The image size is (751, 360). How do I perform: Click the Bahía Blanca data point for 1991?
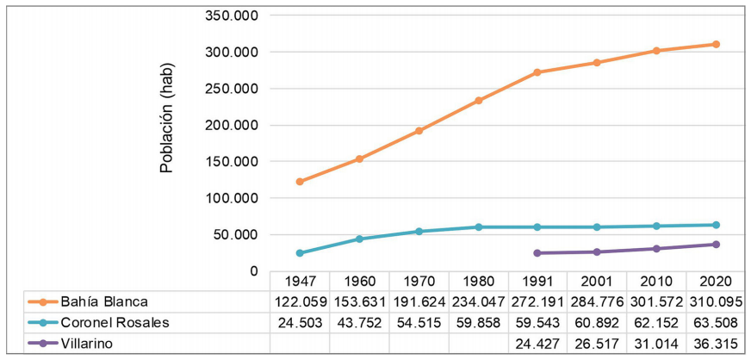pyautogui.click(x=537, y=72)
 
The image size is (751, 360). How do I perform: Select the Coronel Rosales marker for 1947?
pyautogui.click(x=299, y=253)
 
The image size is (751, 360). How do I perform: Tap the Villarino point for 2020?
pyautogui.click(x=716, y=245)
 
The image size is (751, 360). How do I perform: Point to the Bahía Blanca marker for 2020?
pyautogui.click(x=716, y=44)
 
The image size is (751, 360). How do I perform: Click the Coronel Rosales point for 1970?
pyautogui.click(x=419, y=232)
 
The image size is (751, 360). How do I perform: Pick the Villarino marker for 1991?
pyautogui.click(x=537, y=253)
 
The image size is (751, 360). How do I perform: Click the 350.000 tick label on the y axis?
pyautogui.click(x=233, y=16)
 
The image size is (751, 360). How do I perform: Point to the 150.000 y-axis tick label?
pyautogui.click(x=233, y=162)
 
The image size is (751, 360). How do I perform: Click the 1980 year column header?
pyautogui.click(x=478, y=281)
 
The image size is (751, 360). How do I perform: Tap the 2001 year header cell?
pyautogui.click(x=597, y=281)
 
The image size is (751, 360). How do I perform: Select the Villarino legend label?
pyautogui.click(x=89, y=344)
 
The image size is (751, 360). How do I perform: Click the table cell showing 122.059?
pyautogui.click(x=299, y=301)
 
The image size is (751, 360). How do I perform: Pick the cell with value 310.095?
pyautogui.click(x=716, y=301)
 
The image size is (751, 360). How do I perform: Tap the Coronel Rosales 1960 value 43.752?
pyautogui.click(x=359, y=323)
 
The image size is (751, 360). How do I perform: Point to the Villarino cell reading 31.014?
pyautogui.click(x=656, y=344)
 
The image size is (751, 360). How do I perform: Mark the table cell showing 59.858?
pyautogui.click(x=478, y=323)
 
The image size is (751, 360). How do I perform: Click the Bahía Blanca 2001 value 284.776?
pyautogui.click(x=597, y=301)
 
